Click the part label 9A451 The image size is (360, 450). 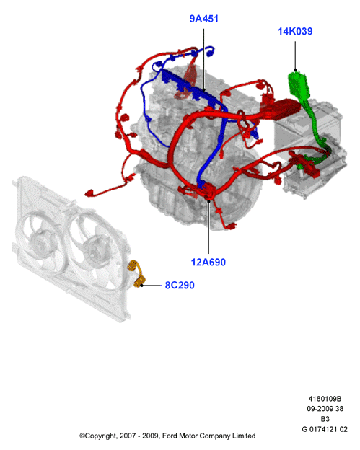coord(204,19)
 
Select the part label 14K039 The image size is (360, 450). coord(295,31)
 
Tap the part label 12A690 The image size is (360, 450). coord(208,262)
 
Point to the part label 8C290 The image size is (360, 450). coord(180,285)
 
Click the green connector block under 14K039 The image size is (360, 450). coord(299,85)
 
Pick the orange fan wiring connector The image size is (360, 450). coord(137,273)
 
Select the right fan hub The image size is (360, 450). coord(93,250)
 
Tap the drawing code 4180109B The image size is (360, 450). coord(325,399)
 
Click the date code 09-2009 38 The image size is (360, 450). coord(325,409)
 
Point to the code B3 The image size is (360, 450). coord(325,419)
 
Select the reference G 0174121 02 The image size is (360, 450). coord(325,429)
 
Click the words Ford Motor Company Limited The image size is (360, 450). coord(208,436)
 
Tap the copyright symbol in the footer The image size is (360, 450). coord(82,436)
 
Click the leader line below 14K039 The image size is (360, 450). coord(295,56)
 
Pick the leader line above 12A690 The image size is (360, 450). coord(208,227)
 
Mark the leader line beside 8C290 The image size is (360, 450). coord(151,286)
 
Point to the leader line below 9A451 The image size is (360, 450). coord(204,60)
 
